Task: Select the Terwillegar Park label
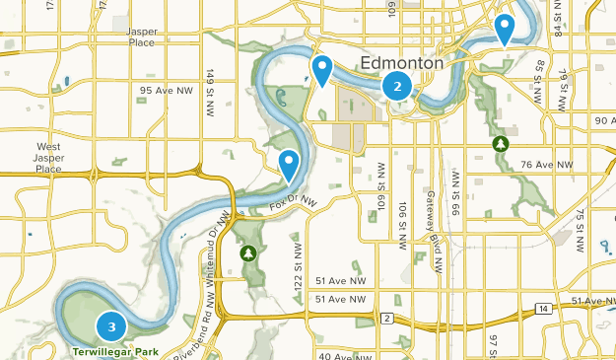click(x=113, y=349)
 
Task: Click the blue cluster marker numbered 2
click(x=397, y=86)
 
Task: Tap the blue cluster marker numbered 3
click(x=111, y=326)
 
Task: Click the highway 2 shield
click(x=388, y=318)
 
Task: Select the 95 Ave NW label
click(x=167, y=90)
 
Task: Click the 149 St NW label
click(x=211, y=90)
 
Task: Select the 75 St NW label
click(x=581, y=222)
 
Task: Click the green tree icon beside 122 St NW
click(x=249, y=253)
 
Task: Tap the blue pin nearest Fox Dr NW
click(x=289, y=165)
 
